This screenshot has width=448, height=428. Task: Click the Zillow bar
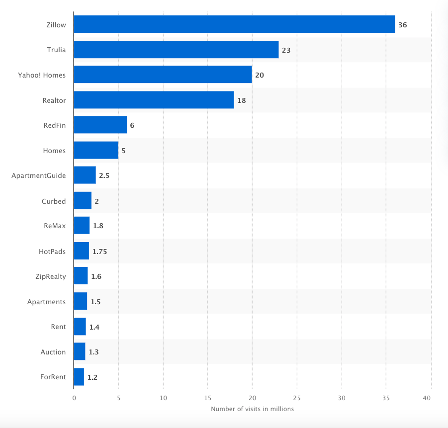(234, 24)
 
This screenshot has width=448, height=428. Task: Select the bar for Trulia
(176, 50)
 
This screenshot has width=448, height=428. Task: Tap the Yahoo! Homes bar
(163, 75)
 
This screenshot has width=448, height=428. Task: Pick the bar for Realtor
(154, 100)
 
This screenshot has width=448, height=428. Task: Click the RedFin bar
(100, 125)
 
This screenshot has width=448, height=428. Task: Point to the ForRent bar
(79, 377)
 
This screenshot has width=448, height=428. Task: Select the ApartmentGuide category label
(38, 175)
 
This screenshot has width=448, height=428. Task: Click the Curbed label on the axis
(54, 201)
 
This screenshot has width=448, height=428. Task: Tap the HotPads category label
(52, 251)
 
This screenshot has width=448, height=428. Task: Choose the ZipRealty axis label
(50, 276)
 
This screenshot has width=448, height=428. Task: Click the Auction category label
(53, 352)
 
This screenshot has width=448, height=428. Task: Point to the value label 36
(402, 25)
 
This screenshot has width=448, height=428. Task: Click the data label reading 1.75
(99, 252)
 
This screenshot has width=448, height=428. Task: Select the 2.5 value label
(104, 176)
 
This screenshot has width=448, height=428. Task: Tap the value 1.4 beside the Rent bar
(94, 327)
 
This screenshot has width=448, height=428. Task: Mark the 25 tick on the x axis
(297, 398)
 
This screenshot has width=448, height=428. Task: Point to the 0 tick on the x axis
(74, 398)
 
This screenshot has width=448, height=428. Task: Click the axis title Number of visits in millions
(252, 409)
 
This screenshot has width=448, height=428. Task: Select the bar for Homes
(96, 150)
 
